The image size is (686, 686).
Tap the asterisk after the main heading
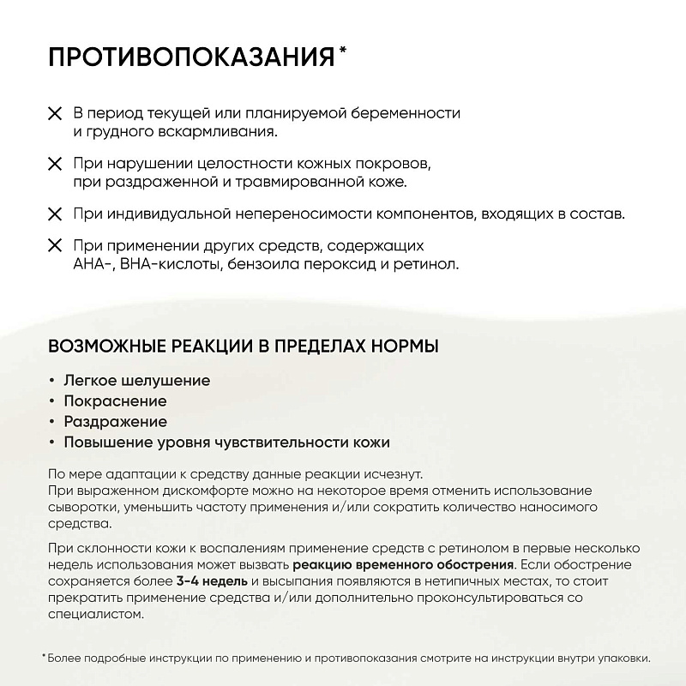(344, 53)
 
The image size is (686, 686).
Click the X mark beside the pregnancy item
(55, 113)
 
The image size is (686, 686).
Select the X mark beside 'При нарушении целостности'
(55, 163)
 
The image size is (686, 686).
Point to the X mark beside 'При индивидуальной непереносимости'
(55, 213)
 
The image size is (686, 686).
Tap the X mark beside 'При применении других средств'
(55, 245)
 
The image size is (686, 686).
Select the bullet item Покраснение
(115, 400)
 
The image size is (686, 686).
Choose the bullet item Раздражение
(115, 422)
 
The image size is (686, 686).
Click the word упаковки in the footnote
(625, 659)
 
